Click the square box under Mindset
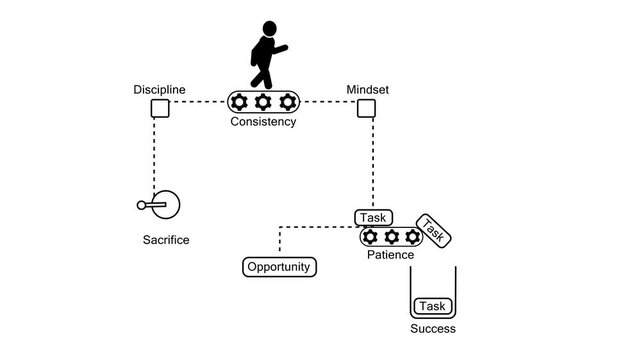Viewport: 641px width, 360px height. [366, 108]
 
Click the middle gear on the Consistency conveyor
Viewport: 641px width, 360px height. [264, 102]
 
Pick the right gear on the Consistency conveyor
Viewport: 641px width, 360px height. [288, 102]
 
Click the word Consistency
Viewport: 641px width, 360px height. [263, 122]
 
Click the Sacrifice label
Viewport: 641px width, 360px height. [166, 240]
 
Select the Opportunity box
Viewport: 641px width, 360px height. [280, 267]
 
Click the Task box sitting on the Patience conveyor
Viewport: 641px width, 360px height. [374, 217]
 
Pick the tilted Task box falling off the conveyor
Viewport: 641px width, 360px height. [434, 231]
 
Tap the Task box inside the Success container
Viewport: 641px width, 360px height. [432, 306]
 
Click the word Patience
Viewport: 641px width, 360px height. [391, 256]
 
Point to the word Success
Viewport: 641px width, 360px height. [433, 329]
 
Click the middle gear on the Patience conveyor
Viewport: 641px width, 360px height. [391, 237]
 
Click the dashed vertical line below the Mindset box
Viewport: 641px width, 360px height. [372, 160]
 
